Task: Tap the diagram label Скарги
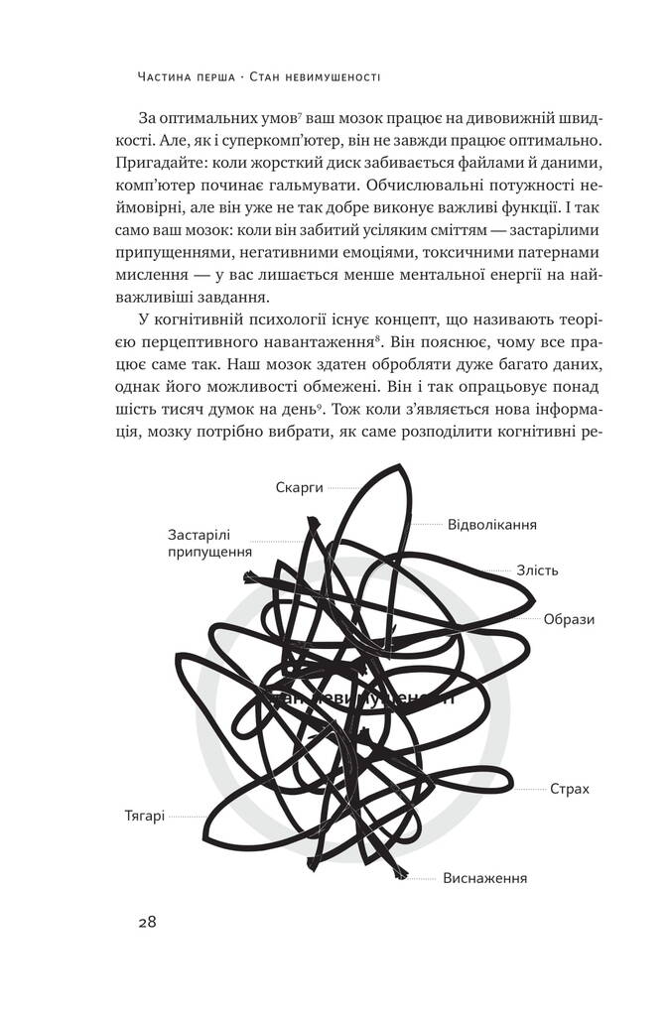click(301, 487)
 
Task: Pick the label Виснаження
click(485, 878)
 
